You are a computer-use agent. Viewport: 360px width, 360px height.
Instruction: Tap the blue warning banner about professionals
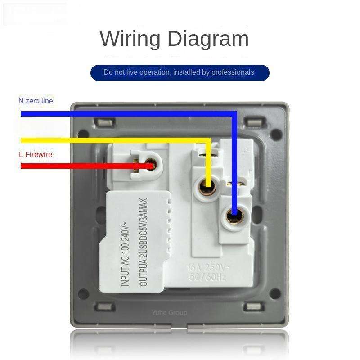tap(180, 72)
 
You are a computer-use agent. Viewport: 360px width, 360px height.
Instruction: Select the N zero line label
tap(36, 101)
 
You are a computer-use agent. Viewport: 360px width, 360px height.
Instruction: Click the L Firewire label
tap(36, 154)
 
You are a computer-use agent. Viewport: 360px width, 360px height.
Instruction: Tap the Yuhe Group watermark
tap(169, 312)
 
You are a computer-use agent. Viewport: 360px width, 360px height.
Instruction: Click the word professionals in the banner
tap(233, 72)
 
